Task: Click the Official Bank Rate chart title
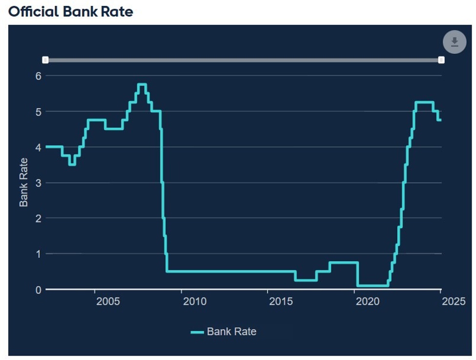click(x=71, y=12)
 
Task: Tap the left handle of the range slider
click(x=45, y=60)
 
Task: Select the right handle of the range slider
click(x=441, y=60)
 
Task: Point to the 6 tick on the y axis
click(x=38, y=76)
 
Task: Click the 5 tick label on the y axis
click(x=38, y=111)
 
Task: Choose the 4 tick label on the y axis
click(x=38, y=147)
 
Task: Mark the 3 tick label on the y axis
click(x=38, y=183)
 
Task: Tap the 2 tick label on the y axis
click(x=38, y=218)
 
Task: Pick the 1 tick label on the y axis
click(x=38, y=254)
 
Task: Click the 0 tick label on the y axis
click(x=38, y=290)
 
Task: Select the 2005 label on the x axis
click(x=108, y=301)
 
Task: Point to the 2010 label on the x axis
click(x=195, y=301)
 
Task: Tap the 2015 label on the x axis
click(x=281, y=301)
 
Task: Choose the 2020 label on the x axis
click(x=368, y=301)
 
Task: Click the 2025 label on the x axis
click(x=454, y=301)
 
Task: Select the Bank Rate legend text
click(x=231, y=332)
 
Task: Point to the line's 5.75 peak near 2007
click(x=142, y=85)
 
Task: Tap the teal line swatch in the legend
click(x=197, y=332)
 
